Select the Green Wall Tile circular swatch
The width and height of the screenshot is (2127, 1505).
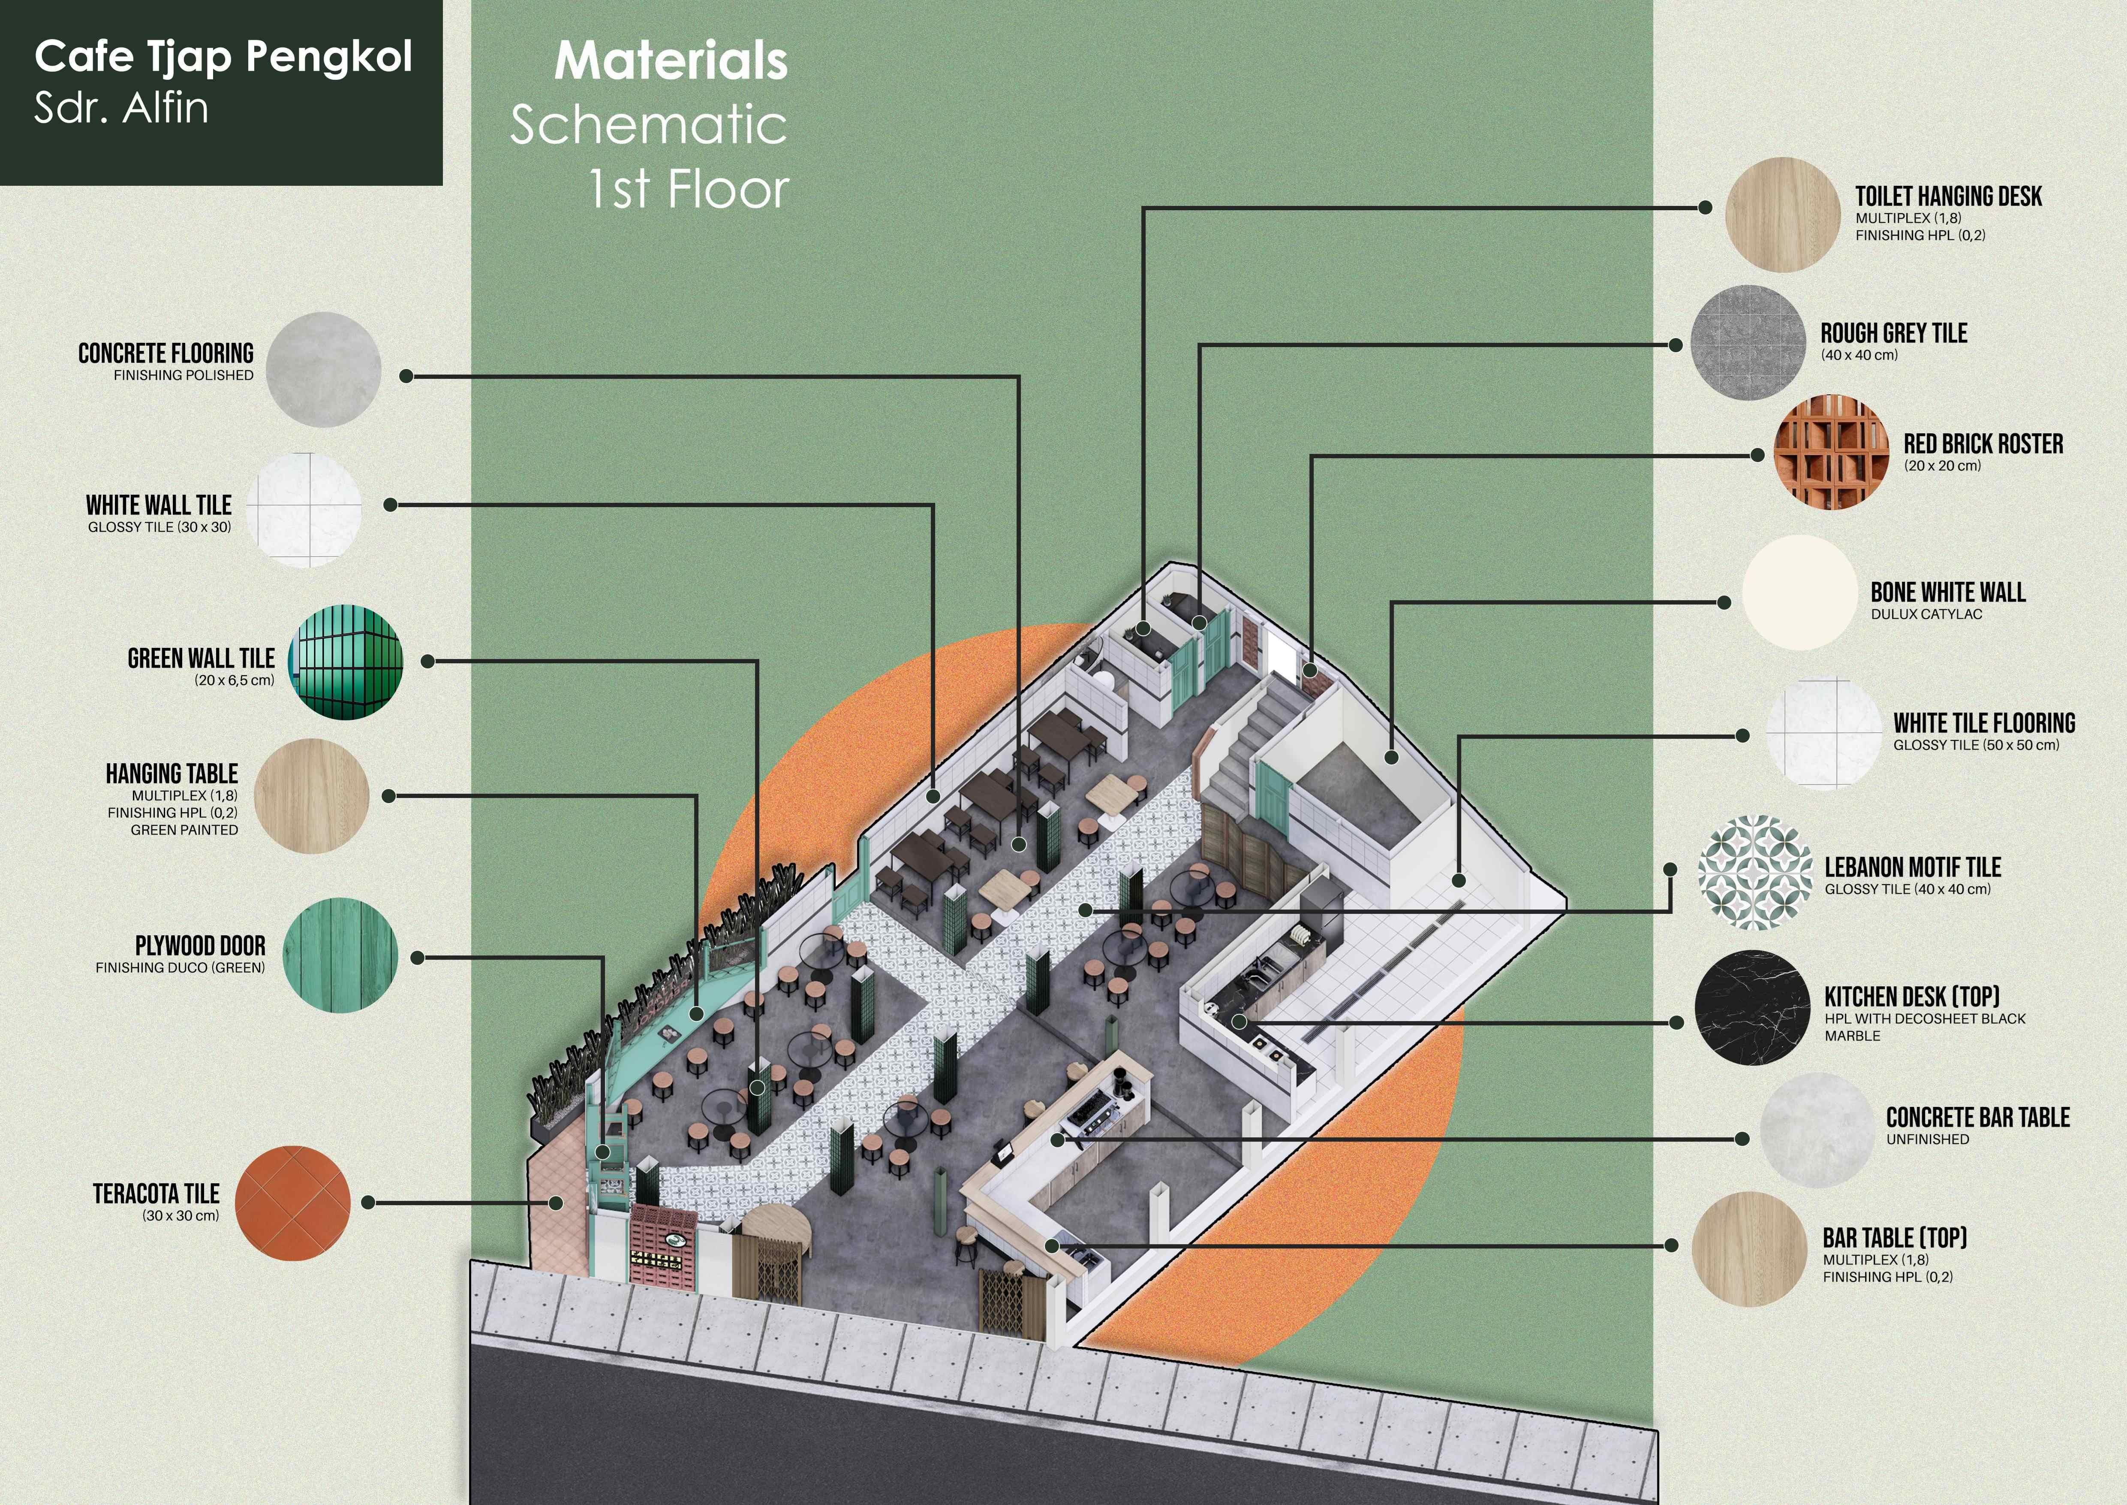[x=346, y=662]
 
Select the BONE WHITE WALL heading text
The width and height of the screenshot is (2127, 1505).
[x=1947, y=592]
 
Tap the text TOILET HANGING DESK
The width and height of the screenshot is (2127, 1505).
[x=1948, y=196]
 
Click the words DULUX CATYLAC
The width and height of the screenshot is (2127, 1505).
[x=1926, y=614]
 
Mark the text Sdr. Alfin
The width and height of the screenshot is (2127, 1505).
[x=121, y=109]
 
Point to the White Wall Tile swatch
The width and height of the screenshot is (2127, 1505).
[x=304, y=510]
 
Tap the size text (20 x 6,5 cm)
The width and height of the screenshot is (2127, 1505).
[x=235, y=680]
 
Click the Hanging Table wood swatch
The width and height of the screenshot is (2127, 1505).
[x=311, y=796]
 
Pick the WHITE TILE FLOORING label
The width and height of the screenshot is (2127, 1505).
[x=1983, y=723]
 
